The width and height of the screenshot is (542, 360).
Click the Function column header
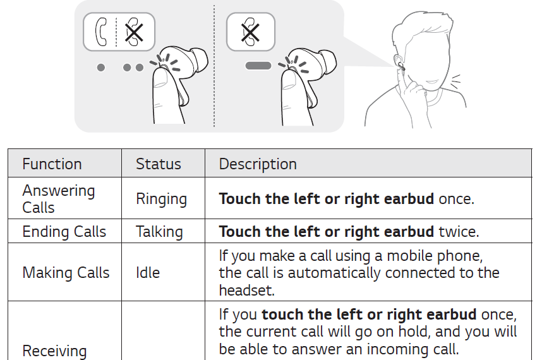[52, 164]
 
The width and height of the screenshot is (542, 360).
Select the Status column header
[158, 164]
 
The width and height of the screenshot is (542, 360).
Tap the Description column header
[258, 164]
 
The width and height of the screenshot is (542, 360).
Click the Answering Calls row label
[58, 199]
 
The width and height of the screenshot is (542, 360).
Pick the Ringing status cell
[161, 199]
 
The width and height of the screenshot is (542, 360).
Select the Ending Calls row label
[64, 232]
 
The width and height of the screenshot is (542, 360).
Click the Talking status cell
[159, 232]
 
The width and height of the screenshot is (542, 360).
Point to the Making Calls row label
[66, 273]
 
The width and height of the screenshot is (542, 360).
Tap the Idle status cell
[148, 273]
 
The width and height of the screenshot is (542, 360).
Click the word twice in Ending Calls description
[459, 232]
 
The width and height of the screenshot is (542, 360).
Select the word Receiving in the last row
[54, 351]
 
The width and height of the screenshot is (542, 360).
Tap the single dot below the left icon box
[101, 67]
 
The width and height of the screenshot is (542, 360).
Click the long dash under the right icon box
[258, 66]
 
